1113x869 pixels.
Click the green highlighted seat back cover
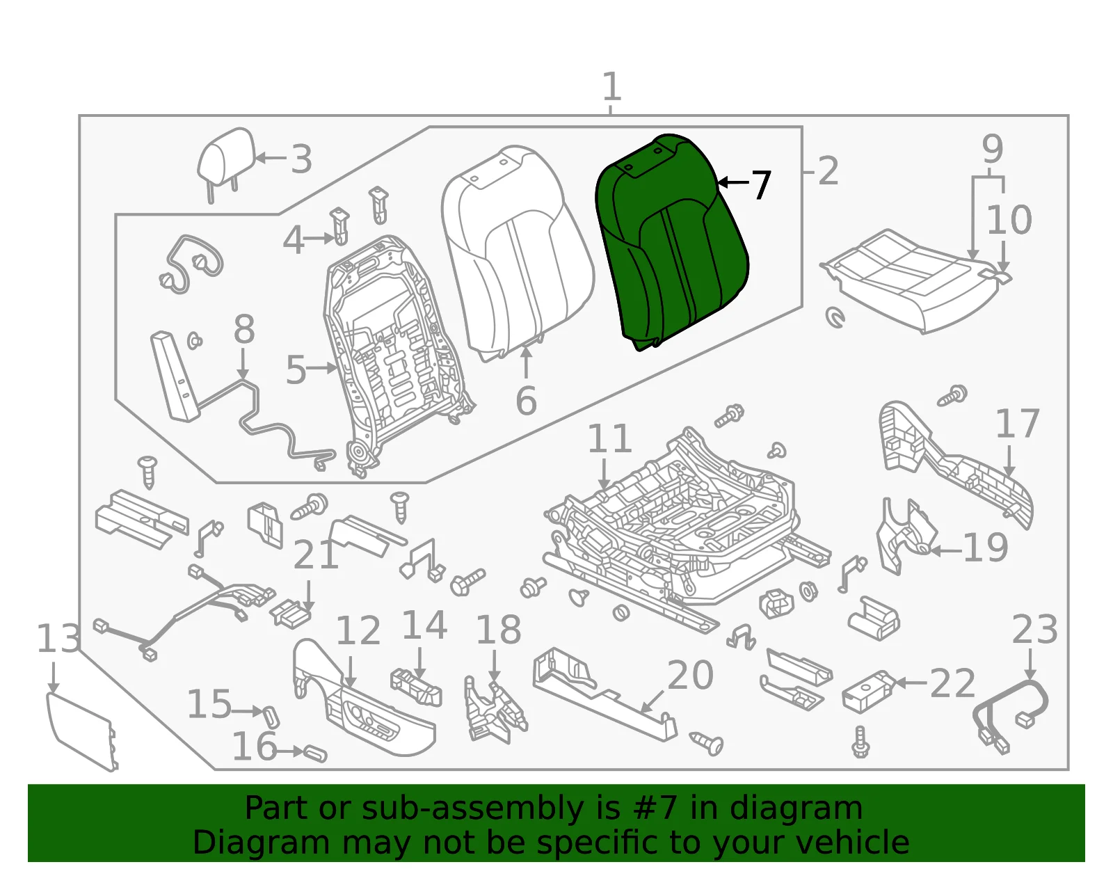(x=671, y=241)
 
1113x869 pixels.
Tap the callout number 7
(x=761, y=185)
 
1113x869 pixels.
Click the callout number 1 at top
(x=611, y=86)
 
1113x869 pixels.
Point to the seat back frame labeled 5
(x=394, y=353)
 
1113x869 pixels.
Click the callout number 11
(x=609, y=438)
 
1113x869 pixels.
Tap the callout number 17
(x=1017, y=423)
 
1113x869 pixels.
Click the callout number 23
(x=1034, y=630)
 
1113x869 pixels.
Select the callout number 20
(x=691, y=675)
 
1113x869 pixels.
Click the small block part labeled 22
(x=869, y=692)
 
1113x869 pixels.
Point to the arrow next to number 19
(x=946, y=551)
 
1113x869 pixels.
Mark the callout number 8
(x=243, y=329)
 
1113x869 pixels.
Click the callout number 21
(x=316, y=554)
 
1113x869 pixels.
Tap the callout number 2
(x=828, y=171)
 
